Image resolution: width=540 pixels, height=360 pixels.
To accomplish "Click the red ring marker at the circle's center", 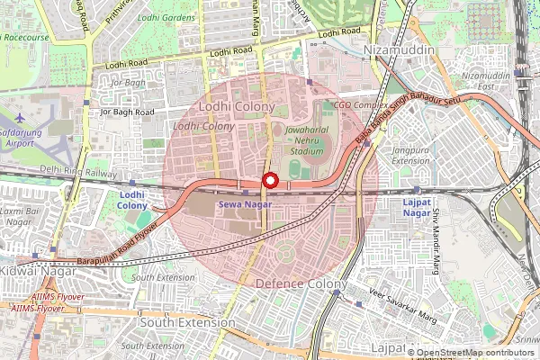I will (x=269, y=181).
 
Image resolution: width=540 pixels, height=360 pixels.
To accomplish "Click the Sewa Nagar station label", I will (x=244, y=204).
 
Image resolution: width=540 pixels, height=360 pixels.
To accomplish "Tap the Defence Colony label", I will (x=298, y=283).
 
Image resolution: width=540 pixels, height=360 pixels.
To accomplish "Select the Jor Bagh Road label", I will (x=127, y=112).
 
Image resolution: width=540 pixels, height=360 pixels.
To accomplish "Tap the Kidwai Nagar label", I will (x=30, y=271).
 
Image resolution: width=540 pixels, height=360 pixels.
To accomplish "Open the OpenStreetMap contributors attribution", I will (x=475, y=353).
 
